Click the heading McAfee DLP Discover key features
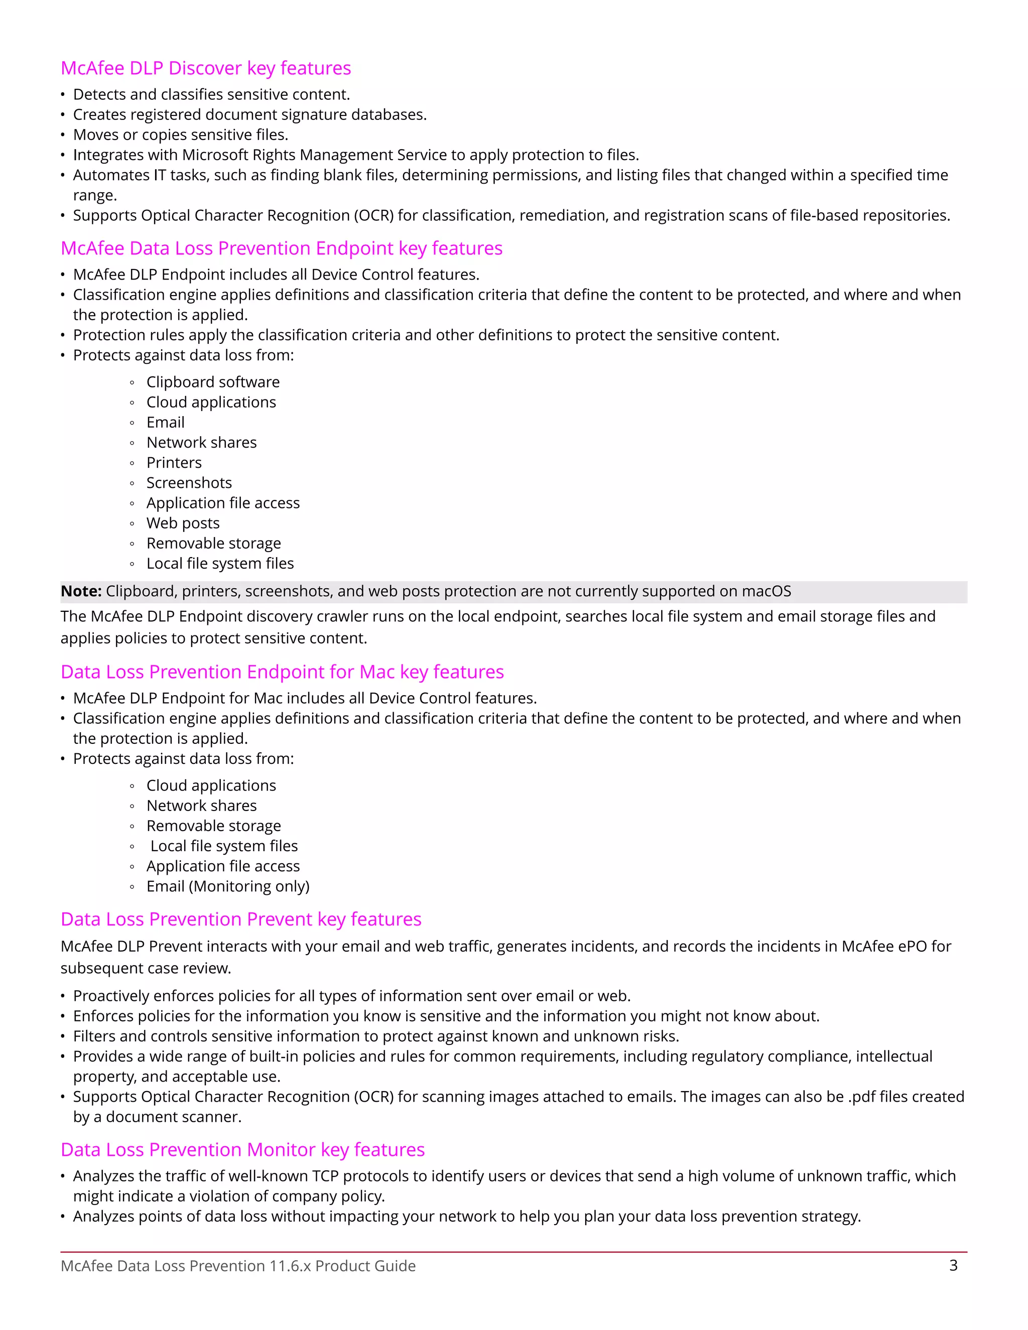coord(206,68)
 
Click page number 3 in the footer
coord(953,1265)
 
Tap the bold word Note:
coord(81,591)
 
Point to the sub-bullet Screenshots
coord(189,483)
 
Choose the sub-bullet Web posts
coord(183,523)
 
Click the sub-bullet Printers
coord(174,463)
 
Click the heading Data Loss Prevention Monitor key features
coord(242,1149)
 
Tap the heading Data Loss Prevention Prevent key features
coord(240,919)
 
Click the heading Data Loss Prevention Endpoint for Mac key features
coord(282,672)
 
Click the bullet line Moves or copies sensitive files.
coord(180,135)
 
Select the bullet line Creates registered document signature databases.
coord(249,114)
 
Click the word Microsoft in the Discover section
coord(215,155)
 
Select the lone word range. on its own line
coord(95,195)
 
